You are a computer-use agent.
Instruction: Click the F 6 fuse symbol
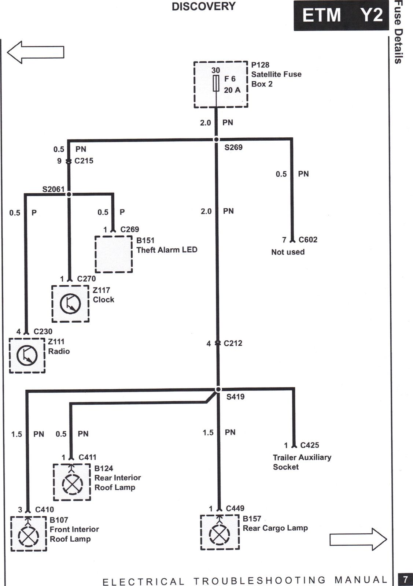click(x=216, y=83)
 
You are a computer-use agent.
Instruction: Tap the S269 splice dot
click(x=216, y=140)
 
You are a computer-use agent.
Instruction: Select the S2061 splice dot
click(x=69, y=194)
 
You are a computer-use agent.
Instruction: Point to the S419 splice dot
click(x=218, y=390)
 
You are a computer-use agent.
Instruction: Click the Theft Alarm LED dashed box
click(x=95, y=254)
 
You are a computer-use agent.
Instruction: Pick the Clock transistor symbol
click(x=70, y=304)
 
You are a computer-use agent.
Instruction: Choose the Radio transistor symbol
click(x=27, y=355)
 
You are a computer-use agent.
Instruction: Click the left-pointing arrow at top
click(x=36, y=52)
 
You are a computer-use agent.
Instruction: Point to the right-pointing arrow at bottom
click(x=358, y=539)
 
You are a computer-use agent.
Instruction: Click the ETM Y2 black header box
click(x=341, y=15)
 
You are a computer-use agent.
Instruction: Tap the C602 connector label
click(x=308, y=240)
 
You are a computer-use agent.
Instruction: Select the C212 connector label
click(x=233, y=343)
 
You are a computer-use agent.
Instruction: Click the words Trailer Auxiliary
click(x=302, y=457)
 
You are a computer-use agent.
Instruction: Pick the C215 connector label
click(x=84, y=161)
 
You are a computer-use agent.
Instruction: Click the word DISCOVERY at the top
click(x=204, y=7)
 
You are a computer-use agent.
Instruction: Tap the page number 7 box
click(x=405, y=578)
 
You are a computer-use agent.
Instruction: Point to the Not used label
click(x=288, y=252)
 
